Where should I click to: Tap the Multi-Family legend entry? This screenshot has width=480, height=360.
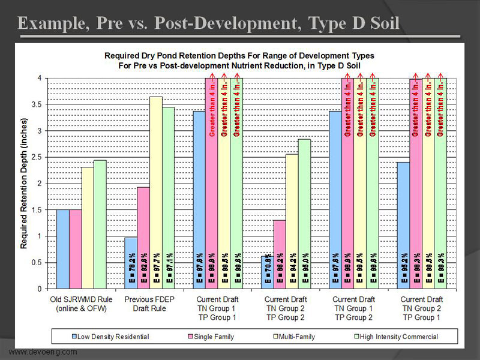(289, 336)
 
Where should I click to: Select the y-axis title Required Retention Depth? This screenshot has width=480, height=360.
(25, 183)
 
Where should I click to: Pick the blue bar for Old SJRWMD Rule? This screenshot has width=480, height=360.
(63, 249)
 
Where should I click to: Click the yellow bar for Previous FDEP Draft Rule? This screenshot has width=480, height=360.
(156, 192)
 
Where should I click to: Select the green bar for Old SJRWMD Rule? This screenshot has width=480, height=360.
(100, 225)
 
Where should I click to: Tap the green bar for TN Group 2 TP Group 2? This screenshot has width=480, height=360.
(305, 213)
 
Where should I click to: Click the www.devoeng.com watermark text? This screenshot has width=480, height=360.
(43, 352)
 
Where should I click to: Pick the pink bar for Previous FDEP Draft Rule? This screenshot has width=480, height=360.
(143, 237)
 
